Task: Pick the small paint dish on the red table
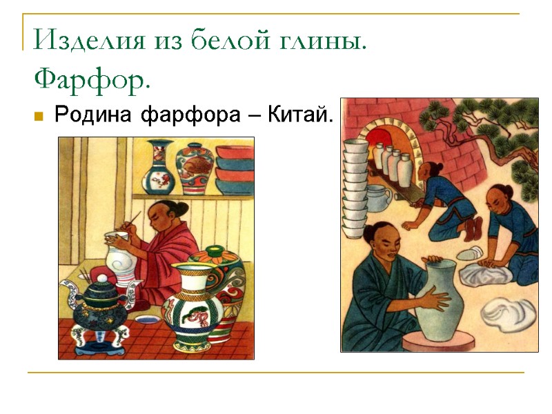click(x=146, y=319)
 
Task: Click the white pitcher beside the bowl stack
click(x=378, y=198)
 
